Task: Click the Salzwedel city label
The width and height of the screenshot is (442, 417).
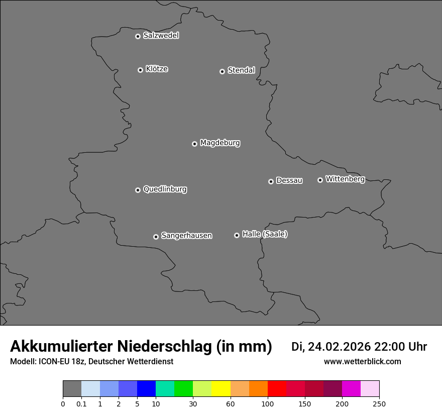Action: click(161, 36)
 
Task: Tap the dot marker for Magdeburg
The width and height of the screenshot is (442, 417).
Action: click(194, 144)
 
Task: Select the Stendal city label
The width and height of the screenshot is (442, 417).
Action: click(241, 70)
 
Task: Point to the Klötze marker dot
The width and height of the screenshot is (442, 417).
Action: click(140, 70)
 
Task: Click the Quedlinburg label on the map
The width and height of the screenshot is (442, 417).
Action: click(165, 189)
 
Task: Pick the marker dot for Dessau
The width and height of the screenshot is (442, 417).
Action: click(271, 181)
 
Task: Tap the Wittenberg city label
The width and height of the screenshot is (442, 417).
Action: click(345, 179)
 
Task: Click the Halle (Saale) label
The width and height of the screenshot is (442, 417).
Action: click(265, 234)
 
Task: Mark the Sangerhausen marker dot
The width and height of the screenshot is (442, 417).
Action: click(156, 237)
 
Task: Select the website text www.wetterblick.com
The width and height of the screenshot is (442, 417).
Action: click(362, 362)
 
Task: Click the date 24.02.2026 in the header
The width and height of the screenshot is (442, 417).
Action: click(339, 347)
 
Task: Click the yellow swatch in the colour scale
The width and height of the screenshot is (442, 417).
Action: click(221, 389)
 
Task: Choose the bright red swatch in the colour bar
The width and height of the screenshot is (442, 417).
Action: click(277, 389)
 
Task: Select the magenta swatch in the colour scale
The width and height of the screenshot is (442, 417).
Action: click(351, 389)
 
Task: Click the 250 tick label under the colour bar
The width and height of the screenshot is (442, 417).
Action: click(379, 403)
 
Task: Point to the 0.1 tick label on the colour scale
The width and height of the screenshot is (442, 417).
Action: click(81, 403)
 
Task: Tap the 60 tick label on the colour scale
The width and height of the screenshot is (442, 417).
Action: click(231, 403)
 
